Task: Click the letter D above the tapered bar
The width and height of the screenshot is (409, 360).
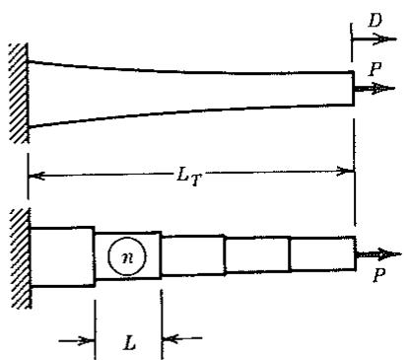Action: [x=375, y=20]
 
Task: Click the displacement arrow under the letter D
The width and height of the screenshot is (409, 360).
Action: [x=374, y=39]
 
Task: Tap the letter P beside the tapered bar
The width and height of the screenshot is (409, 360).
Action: [x=375, y=68]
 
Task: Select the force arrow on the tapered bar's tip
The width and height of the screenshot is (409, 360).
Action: [x=375, y=88]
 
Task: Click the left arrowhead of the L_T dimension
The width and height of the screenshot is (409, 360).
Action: [x=36, y=177]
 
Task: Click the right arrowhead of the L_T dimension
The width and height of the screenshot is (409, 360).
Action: [x=346, y=172]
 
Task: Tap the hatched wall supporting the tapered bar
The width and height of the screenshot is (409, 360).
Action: [x=19, y=94]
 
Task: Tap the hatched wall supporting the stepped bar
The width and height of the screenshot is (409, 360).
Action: [x=21, y=258]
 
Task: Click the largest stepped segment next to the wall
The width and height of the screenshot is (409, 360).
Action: [x=62, y=256]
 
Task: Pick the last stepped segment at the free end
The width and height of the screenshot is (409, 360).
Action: [x=322, y=253]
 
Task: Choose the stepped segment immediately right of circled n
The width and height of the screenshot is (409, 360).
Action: [x=193, y=254]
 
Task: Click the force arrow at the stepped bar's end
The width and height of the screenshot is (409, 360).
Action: [x=377, y=254]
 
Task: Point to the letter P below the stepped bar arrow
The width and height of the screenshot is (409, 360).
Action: [x=378, y=275]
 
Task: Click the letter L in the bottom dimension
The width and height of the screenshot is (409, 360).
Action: [x=129, y=343]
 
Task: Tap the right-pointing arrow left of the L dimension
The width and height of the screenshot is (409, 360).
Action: [x=77, y=341]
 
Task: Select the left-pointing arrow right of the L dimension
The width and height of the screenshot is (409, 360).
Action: [x=182, y=338]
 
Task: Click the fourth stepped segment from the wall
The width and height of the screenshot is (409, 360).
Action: [x=257, y=254]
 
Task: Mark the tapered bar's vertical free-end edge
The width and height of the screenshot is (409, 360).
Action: [x=354, y=88]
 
